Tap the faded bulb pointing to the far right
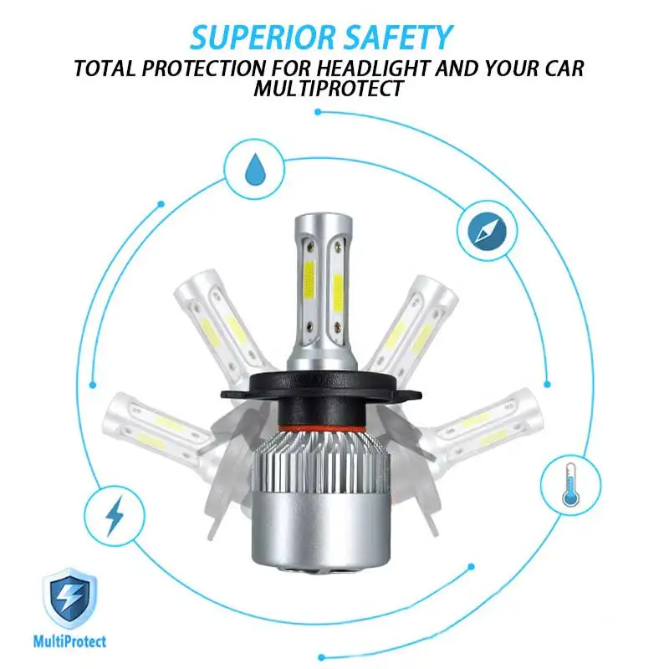[489, 422]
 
